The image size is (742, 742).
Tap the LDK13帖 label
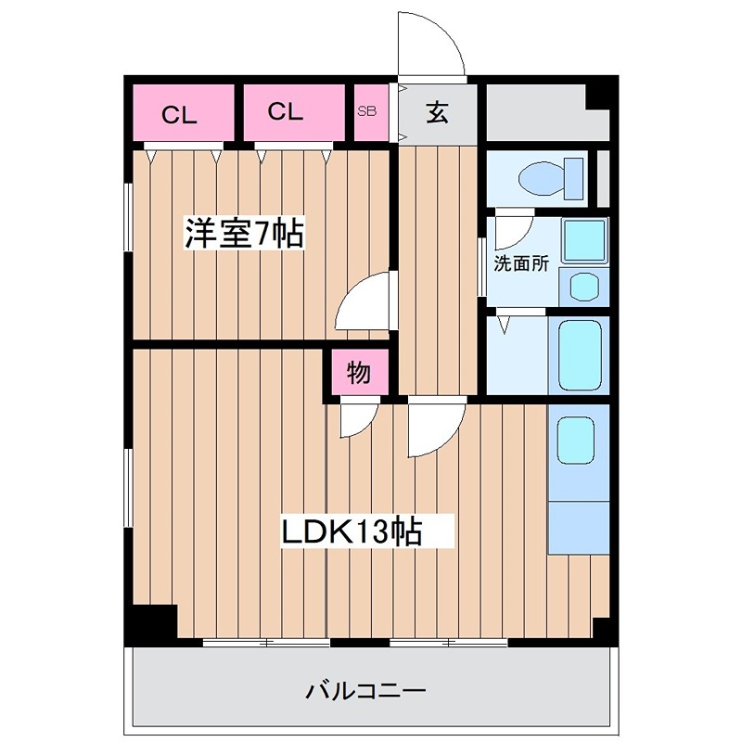coord(352,531)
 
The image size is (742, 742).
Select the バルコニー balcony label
coord(365,691)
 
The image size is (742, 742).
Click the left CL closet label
coord(180,115)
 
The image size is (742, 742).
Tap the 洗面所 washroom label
coord(520,262)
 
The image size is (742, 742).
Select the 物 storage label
coord(359,374)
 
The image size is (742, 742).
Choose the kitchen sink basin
coord(575,441)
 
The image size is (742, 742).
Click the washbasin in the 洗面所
coord(584,285)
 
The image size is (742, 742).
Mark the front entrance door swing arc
coord(429,42)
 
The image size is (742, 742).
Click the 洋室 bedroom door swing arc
coord(365,301)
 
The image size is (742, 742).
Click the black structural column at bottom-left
coord(150,623)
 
